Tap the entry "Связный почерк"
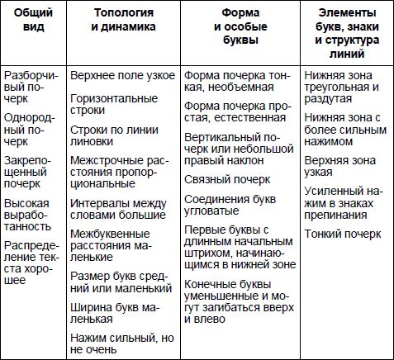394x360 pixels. coord(228,178)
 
